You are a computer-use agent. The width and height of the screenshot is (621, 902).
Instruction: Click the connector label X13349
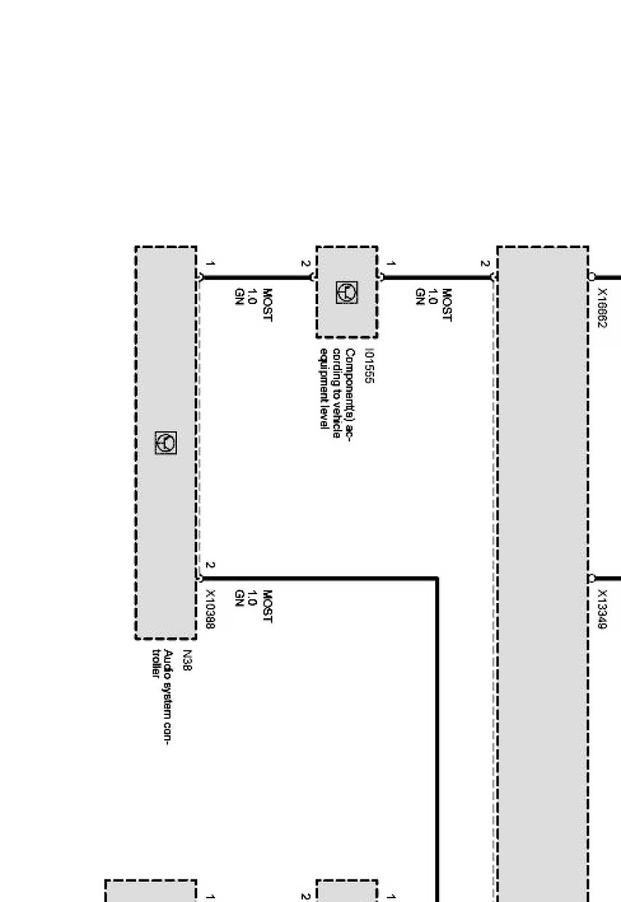pyautogui.click(x=602, y=609)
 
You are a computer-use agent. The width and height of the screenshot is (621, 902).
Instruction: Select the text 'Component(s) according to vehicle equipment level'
pyautogui.click(x=335, y=388)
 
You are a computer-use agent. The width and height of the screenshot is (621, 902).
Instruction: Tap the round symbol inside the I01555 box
pyautogui.click(x=347, y=292)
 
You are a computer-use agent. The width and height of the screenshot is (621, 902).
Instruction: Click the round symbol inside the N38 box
pyautogui.click(x=166, y=442)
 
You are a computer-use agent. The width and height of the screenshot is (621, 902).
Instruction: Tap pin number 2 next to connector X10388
pyautogui.click(x=210, y=564)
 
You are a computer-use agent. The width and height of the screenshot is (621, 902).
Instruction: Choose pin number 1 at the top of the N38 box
pyautogui.click(x=210, y=263)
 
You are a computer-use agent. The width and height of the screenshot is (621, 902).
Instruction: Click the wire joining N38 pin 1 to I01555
pyautogui.click(x=255, y=277)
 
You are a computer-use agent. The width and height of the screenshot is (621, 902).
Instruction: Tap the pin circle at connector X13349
pyautogui.click(x=592, y=579)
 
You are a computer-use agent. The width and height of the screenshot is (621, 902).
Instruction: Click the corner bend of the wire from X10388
pyautogui.click(x=437, y=579)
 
